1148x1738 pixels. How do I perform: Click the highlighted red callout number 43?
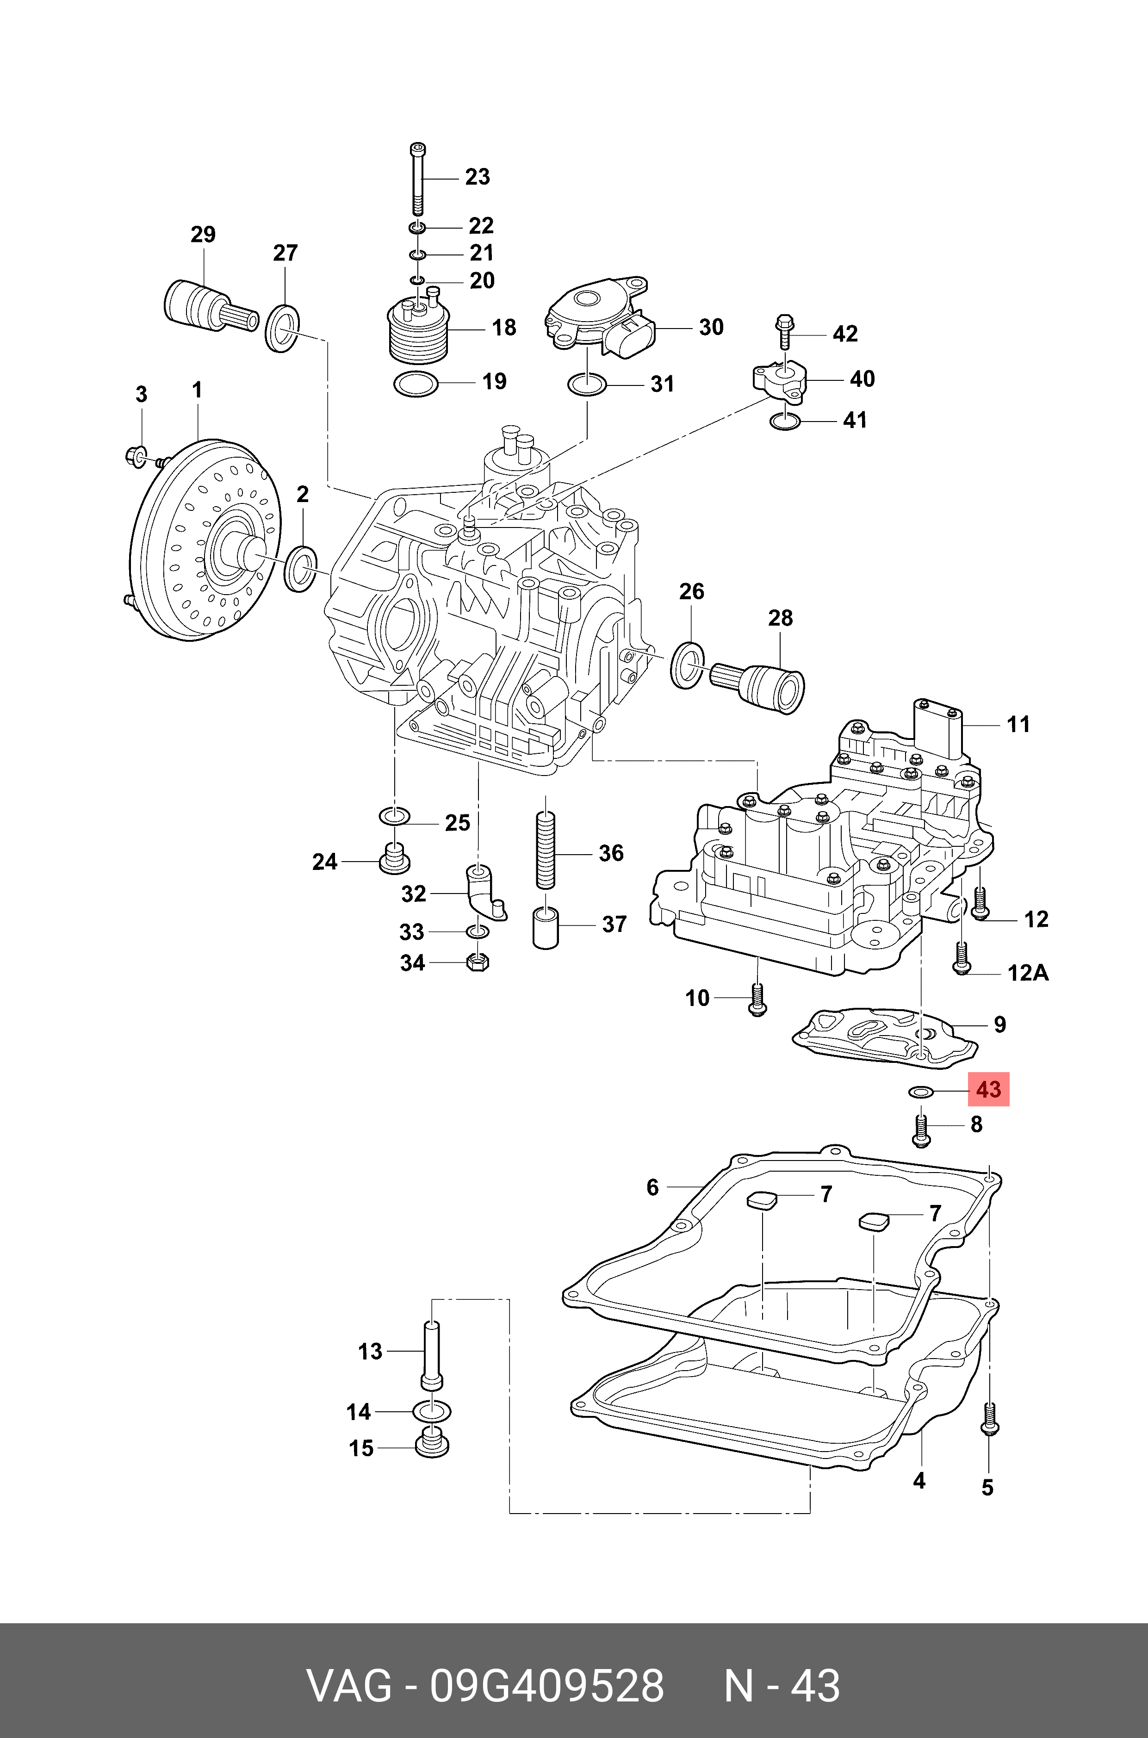coord(988,1089)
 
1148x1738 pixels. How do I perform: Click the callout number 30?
coord(711,327)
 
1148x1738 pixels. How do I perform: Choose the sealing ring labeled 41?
coord(786,422)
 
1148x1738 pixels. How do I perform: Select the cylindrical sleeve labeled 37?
coord(546,928)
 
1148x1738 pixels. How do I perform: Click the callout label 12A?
coord(1028,973)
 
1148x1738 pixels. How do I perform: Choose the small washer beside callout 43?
coord(920,1092)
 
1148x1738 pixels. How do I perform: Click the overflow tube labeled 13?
coord(432,1353)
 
